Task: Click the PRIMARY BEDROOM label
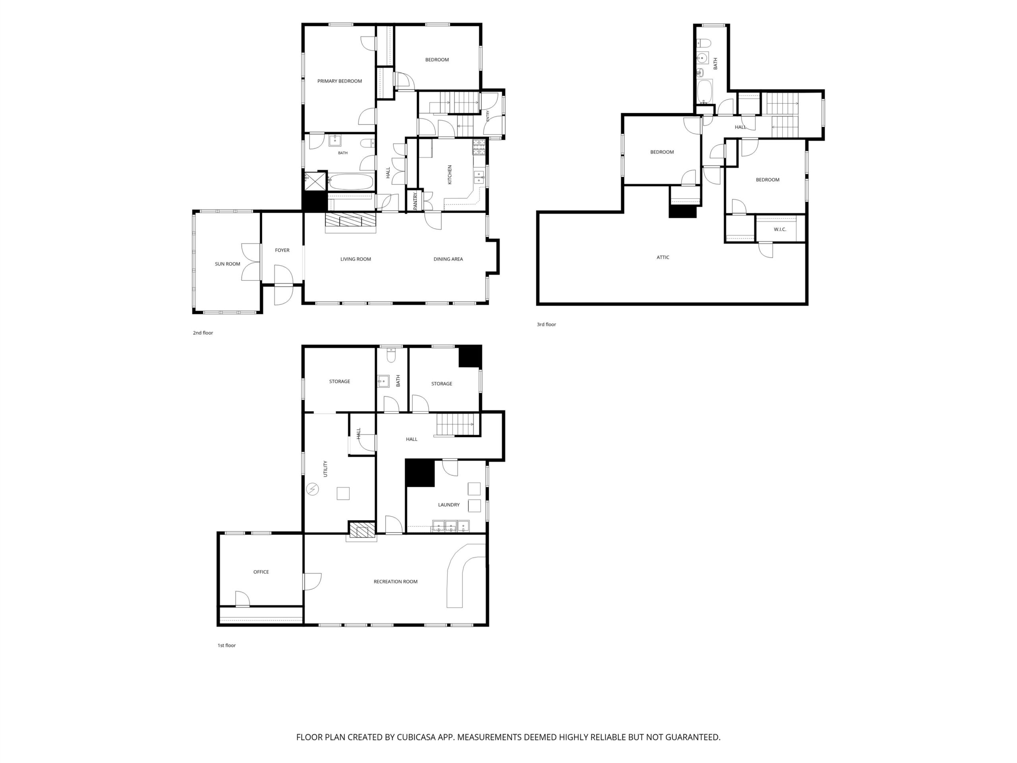[x=339, y=81]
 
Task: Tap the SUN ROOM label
[x=228, y=264]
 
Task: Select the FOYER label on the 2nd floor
[x=282, y=250]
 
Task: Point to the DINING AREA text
[x=448, y=259]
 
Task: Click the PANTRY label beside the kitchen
[x=415, y=201]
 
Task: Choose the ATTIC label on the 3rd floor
[x=663, y=257]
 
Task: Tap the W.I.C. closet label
[x=780, y=229]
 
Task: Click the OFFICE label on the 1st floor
[x=261, y=572]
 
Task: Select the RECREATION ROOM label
[x=395, y=581]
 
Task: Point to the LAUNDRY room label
[x=449, y=505]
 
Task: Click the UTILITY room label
[x=325, y=469]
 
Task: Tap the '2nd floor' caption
[x=203, y=333]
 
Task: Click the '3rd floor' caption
[x=546, y=324]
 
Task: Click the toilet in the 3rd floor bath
[x=704, y=43]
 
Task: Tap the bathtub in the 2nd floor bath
[x=350, y=182]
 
